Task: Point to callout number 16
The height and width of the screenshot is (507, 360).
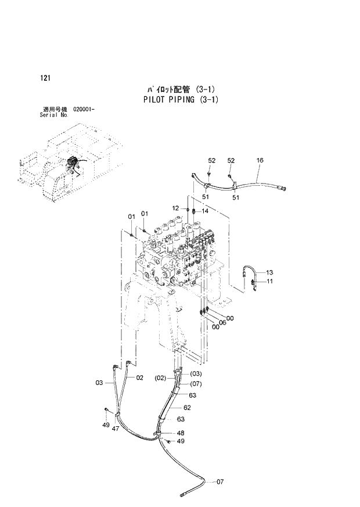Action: [260, 160]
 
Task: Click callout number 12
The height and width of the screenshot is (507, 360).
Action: [176, 208]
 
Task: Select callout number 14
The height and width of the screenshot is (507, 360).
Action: [204, 211]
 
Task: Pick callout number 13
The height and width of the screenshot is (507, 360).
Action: [269, 272]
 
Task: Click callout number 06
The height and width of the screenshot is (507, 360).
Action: [222, 322]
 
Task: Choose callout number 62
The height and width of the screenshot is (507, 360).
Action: [187, 408]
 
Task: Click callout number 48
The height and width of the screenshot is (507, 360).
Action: [181, 433]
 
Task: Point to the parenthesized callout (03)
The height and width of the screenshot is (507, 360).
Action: [195, 373]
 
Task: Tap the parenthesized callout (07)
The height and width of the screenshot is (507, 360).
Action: [195, 383]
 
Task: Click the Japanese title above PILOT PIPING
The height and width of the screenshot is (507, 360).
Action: [181, 89]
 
